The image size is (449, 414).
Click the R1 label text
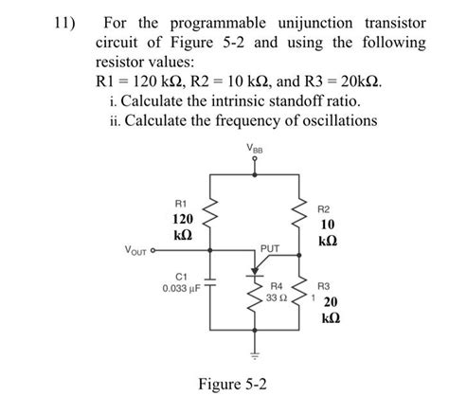click(182, 202)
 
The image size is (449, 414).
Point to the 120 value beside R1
click(182, 219)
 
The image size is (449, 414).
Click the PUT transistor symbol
click(255, 267)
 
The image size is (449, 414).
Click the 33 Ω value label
click(277, 297)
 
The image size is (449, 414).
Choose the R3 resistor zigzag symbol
click(303, 296)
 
